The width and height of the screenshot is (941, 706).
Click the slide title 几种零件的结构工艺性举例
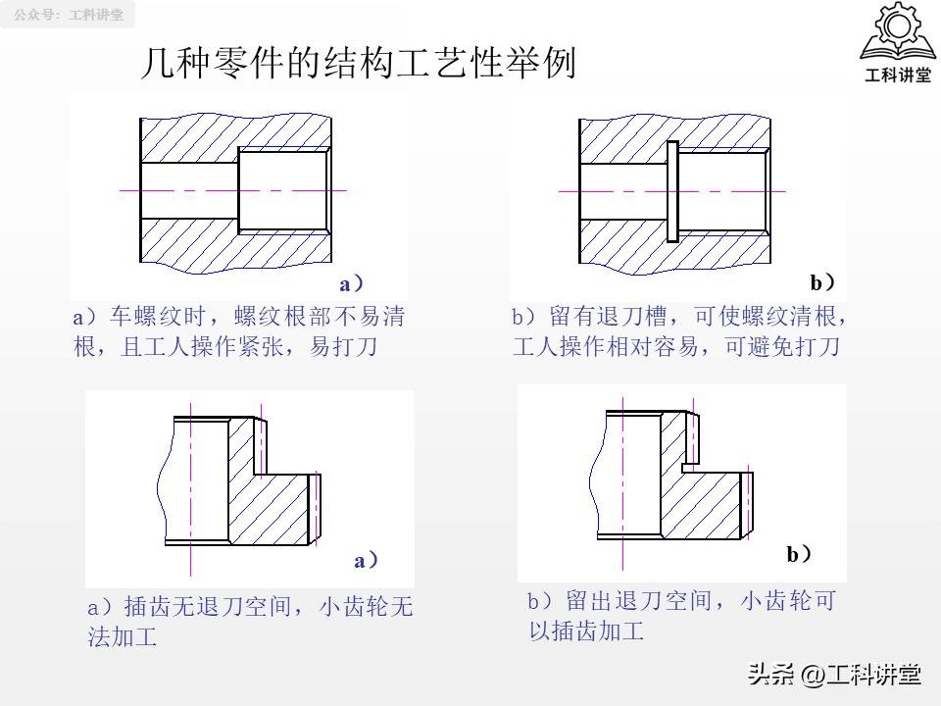coord(358,65)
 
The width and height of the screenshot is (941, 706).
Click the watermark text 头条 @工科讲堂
coord(834,675)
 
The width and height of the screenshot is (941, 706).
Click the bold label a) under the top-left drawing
coord(351,284)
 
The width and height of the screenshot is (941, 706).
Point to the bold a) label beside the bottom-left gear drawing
coord(366,561)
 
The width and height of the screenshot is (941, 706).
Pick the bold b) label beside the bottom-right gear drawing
coord(799,555)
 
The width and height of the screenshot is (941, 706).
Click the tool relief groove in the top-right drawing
coord(671,191)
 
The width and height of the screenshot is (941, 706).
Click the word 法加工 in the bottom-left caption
coord(123,637)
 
